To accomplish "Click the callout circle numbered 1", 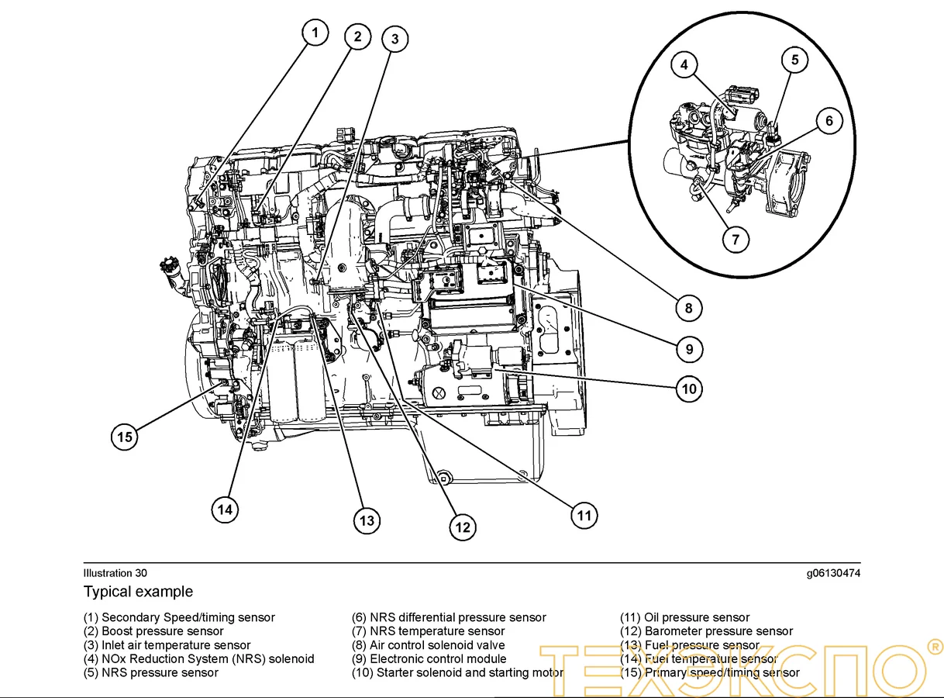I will tap(314, 33).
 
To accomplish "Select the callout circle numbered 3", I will tap(394, 39).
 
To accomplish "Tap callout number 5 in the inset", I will tap(794, 60).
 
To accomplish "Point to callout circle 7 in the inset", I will tap(736, 240).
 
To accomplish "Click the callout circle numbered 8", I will tap(688, 308).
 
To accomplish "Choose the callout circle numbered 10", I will tap(689, 388).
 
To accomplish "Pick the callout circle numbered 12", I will tap(463, 527).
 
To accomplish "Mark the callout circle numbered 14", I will tap(225, 510).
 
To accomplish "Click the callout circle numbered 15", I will tap(125, 437).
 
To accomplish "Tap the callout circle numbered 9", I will tap(689, 349).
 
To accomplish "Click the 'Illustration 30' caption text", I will tap(115, 573).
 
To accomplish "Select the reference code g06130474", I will tap(832, 573).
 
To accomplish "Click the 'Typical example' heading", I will tap(138, 592).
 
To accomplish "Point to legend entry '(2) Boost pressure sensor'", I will tap(153, 631).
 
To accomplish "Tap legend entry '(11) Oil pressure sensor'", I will tap(684, 617).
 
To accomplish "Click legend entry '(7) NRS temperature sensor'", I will tap(428, 631).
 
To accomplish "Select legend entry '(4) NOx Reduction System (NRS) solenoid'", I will tap(198, 658).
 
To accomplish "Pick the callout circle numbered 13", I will tap(367, 520).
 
